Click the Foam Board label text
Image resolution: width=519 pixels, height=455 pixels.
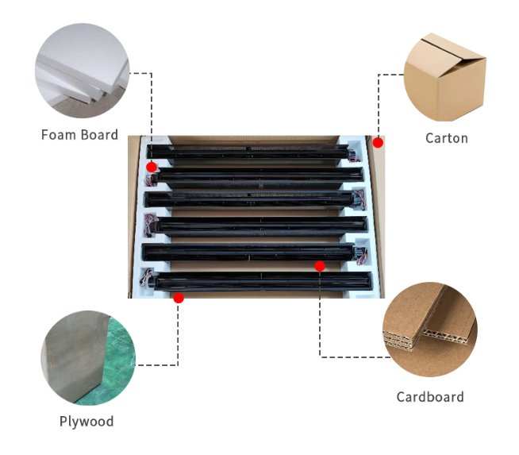point(79,135)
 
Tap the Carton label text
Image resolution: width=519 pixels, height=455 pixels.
point(447,138)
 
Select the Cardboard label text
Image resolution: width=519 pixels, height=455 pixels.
point(430,397)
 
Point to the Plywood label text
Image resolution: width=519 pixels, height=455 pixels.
point(86,422)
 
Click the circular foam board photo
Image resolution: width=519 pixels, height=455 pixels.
point(82,71)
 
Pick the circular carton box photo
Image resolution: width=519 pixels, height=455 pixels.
point(445,77)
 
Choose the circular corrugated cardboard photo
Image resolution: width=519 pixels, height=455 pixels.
point(430,330)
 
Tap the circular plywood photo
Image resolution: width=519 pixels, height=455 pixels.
point(88,358)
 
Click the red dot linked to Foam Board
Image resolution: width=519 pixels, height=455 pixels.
point(152,167)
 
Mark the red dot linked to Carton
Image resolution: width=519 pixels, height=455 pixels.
point(378,143)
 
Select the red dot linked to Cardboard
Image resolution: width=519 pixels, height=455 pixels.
point(320,266)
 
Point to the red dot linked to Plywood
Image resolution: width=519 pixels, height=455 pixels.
point(179,298)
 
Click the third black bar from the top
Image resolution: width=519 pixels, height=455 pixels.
point(249,199)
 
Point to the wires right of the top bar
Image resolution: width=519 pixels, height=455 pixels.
point(354,156)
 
